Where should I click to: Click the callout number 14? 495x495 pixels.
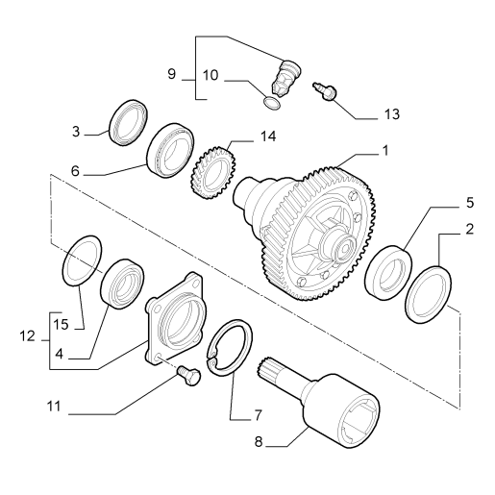coord(268,136)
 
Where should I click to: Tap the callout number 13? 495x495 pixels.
coord(392,114)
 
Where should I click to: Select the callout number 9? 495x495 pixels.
coord(172,74)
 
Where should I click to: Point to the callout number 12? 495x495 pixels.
coord(27,336)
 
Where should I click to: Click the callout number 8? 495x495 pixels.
coord(259,442)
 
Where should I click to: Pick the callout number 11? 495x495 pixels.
coord(54,407)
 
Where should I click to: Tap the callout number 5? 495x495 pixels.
coord(470,203)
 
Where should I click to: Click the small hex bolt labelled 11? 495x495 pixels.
coord(188,375)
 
